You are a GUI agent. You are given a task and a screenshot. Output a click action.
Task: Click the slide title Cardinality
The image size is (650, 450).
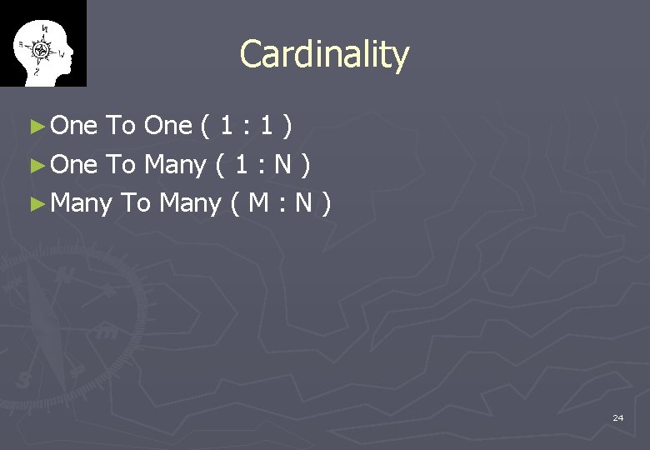[324, 55]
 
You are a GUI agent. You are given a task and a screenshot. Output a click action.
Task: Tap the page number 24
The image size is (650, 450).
[617, 417]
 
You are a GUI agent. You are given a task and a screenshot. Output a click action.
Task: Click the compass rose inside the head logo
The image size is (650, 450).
[41, 49]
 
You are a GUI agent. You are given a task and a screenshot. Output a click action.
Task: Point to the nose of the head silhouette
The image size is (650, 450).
[72, 52]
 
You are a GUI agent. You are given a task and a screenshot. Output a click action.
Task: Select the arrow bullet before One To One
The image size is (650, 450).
[35, 127]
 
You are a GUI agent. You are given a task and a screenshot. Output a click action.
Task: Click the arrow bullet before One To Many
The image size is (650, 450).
[35, 165]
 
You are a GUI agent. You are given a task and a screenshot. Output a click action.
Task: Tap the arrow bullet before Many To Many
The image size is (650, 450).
[35, 203]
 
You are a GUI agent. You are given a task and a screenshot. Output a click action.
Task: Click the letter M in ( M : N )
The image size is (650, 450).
[257, 202]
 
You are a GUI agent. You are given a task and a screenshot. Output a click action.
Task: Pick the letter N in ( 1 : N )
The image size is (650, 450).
[283, 164]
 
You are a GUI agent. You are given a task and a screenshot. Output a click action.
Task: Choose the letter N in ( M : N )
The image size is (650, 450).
[302, 202]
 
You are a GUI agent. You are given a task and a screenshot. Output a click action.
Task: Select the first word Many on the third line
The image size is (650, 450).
[81, 203]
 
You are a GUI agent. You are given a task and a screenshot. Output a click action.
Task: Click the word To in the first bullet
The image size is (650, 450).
[121, 126]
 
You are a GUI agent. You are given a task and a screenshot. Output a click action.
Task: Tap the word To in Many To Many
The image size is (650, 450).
[136, 202]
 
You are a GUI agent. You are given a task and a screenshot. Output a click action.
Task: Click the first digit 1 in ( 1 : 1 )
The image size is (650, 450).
[226, 126]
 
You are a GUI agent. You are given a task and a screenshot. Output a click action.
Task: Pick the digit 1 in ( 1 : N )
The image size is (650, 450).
[241, 164]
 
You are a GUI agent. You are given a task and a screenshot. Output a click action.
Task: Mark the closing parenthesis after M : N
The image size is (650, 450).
[327, 202]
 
